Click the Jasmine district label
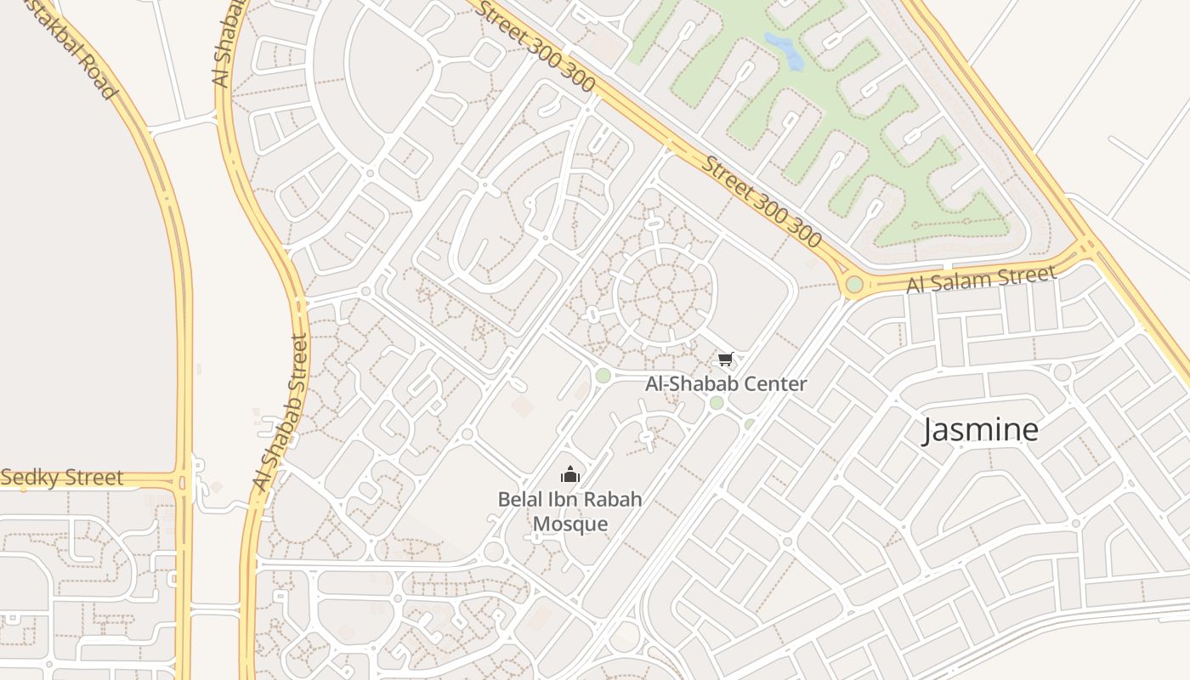click(981, 430)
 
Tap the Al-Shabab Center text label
click(726, 383)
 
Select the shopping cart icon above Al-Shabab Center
click(725, 360)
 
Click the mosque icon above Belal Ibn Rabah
click(570, 474)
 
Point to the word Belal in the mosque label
click(520, 499)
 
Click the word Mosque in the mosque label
click(570, 524)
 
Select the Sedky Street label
click(62, 478)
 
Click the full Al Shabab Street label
click(280, 412)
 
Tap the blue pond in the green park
click(785, 51)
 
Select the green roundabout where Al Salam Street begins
click(854, 285)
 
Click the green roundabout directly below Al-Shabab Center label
click(717, 403)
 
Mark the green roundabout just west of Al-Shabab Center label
click(603, 376)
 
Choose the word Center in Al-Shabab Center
click(775, 383)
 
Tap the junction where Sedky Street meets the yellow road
click(182, 482)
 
